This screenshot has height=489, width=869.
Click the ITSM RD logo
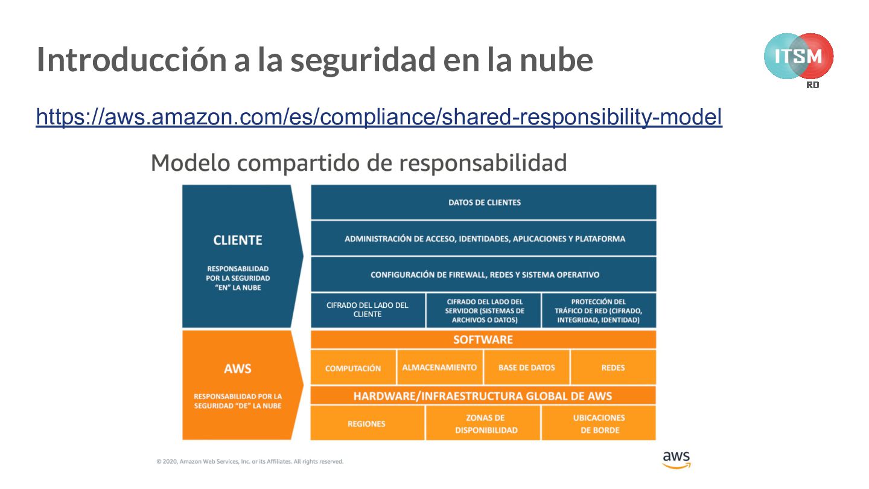(x=798, y=58)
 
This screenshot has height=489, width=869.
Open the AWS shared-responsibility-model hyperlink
(x=379, y=117)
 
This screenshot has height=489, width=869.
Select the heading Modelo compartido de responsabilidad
(x=358, y=163)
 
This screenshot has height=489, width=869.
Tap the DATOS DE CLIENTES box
(x=484, y=202)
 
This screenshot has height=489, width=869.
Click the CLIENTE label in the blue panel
(x=238, y=240)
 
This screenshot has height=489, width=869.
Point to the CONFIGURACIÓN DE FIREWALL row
(x=484, y=275)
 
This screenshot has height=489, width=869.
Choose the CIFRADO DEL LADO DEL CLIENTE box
(x=368, y=310)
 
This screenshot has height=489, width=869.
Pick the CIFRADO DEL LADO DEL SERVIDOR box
(x=484, y=310)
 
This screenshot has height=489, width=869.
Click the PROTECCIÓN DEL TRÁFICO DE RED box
(x=599, y=310)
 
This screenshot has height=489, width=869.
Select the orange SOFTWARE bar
(x=483, y=339)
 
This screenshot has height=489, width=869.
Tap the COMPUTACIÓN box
(x=353, y=368)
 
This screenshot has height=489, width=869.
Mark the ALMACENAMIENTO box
(x=439, y=367)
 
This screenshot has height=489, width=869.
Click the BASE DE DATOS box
(x=526, y=367)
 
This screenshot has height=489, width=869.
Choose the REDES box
(x=613, y=367)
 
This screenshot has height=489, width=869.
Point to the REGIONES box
(x=366, y=423)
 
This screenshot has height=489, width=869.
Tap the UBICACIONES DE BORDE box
(x=599, y=423)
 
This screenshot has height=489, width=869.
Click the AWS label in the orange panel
(x=237, y=369)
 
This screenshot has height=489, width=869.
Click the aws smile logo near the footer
(x=676, y=459)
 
